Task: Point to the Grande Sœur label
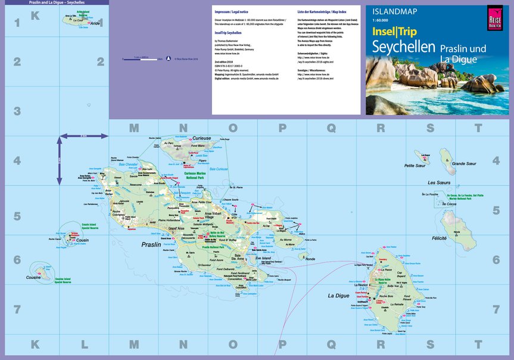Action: tap(464, 163)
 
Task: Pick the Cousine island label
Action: tap(33, 277)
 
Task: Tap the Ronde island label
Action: tap(310, 259)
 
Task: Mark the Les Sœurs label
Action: tap(440, 182)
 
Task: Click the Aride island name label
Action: tap(96, 23)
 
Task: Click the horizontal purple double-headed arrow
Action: tap(83, 137)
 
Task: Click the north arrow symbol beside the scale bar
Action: tap(168, 58)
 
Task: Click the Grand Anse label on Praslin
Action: tap(176, 228)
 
